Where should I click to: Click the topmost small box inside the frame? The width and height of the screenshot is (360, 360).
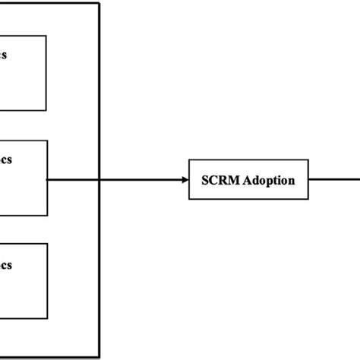(23, 73)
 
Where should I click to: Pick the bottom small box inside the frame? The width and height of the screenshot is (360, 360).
(23, 281)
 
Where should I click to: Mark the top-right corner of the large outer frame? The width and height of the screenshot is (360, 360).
(99, 3)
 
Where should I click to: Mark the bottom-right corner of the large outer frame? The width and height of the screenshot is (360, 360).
(99, 355)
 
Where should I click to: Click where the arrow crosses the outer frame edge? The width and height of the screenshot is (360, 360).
(99, 180)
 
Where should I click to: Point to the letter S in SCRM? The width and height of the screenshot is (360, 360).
(206, 181)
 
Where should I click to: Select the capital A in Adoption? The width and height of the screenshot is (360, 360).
(247, 181)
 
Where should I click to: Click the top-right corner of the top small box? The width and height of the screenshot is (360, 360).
(46, 36)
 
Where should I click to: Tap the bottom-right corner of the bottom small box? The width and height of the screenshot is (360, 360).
(48, 320)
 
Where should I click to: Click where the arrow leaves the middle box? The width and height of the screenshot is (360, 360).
(48, 180)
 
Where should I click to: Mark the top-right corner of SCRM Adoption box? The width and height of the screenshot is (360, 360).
(310, 162)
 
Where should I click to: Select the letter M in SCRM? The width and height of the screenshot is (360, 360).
(235, 181)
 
